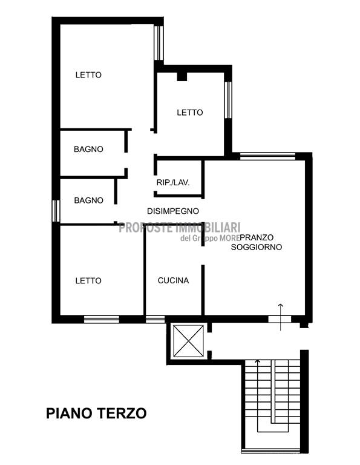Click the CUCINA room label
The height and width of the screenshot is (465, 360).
[173, 280]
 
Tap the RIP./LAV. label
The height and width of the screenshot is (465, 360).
[173, 182]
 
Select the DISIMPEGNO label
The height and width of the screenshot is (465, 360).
[173, 211]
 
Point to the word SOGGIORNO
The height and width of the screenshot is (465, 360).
[257, 247]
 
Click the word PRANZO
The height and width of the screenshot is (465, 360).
[257, 237]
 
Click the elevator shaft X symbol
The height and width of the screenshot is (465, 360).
[188, 341]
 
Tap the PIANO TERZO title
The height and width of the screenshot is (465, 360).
[96, 413]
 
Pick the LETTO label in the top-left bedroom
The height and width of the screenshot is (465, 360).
[88, 74]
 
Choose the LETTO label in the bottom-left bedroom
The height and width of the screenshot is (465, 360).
[88, 280]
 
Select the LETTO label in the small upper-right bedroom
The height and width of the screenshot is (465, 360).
[190, 113]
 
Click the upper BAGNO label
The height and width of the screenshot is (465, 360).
[88, 149]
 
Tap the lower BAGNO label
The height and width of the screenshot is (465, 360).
[88, 200]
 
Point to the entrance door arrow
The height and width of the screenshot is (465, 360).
[280, 317]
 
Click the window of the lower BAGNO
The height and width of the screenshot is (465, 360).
[56, 211]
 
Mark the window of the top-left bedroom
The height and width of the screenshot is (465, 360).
[159, 44]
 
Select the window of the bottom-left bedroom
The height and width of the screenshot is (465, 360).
[101, 320]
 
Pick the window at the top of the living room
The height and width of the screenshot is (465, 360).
[267, 156]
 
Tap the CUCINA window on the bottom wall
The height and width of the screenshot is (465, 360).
[155, 320]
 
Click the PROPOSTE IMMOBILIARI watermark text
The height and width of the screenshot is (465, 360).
[180, 228]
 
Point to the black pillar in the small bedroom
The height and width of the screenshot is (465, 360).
[182, 76]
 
